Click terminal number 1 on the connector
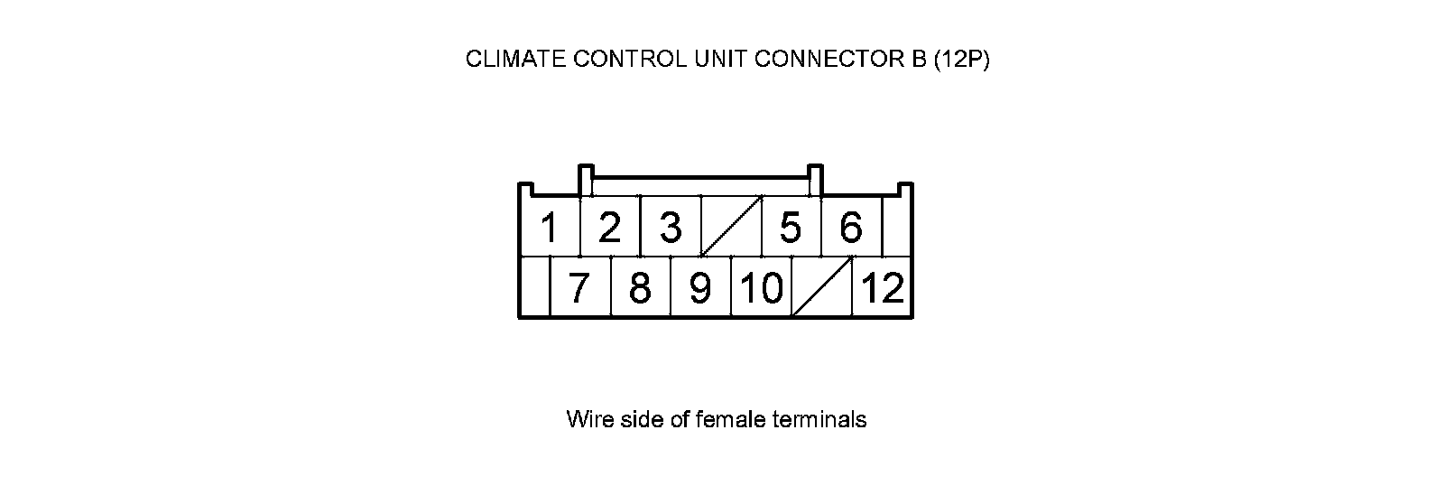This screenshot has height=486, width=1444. [548, 228]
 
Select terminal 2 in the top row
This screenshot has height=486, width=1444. [609, 228]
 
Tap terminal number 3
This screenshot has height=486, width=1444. [670, 228]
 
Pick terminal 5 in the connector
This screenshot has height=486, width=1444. [791, 228]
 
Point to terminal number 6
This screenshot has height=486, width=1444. [851, 228]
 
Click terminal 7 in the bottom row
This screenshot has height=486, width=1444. [579, 288]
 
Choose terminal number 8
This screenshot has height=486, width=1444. [640, 288]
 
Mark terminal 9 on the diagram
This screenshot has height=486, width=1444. [700, 288]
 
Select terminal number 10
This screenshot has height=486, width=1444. [761, 288]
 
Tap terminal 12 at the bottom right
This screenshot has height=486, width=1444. [883, 288]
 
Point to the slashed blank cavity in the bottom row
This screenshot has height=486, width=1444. [822, 287]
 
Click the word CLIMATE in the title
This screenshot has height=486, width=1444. [508, 60]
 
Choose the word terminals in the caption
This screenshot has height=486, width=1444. [821, 420]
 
